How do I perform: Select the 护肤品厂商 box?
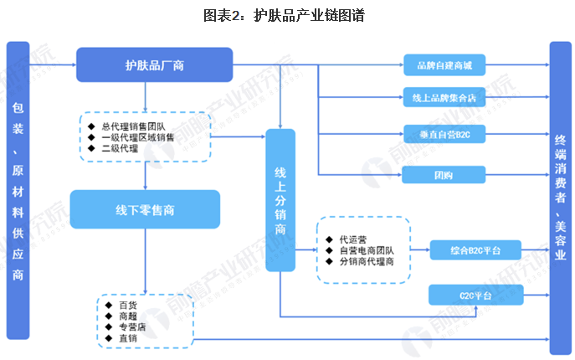point(155,64)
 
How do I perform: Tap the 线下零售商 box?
point(145,209)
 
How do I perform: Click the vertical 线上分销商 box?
point(280,199)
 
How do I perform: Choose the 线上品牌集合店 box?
point(444,97)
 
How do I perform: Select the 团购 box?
point(444,175)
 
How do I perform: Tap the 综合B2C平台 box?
point(476,249)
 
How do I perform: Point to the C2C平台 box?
point(476,294)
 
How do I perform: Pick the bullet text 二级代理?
point(122,149)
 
